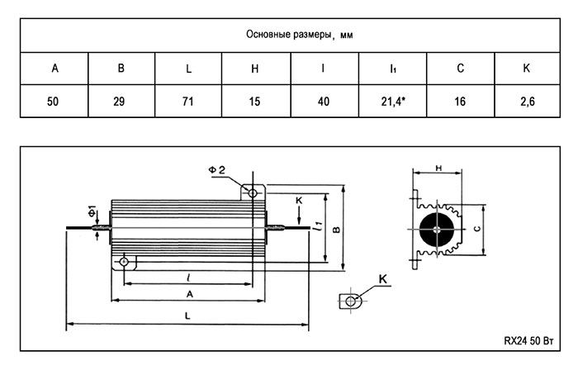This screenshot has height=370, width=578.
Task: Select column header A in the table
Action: click(x=54, y=68)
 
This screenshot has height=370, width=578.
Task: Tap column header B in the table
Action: click(x=121, y=68)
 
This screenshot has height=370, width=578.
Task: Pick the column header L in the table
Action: click(x=189, y=68)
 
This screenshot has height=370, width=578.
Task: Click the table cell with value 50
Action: click(x=54, y=102)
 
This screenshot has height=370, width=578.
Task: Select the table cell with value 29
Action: click(x=121, y=102)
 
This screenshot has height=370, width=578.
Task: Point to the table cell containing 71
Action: click(x=189, y=102)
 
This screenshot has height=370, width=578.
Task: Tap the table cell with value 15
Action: click(x=256, y=102)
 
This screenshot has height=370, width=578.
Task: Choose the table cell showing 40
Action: click(x=324, y=102)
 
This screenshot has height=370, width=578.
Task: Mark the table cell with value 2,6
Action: click(x=527, y=102)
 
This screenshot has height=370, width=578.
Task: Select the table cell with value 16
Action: click(x=459, y=102)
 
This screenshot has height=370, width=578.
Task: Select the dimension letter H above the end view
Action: click(x=438, y=168)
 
